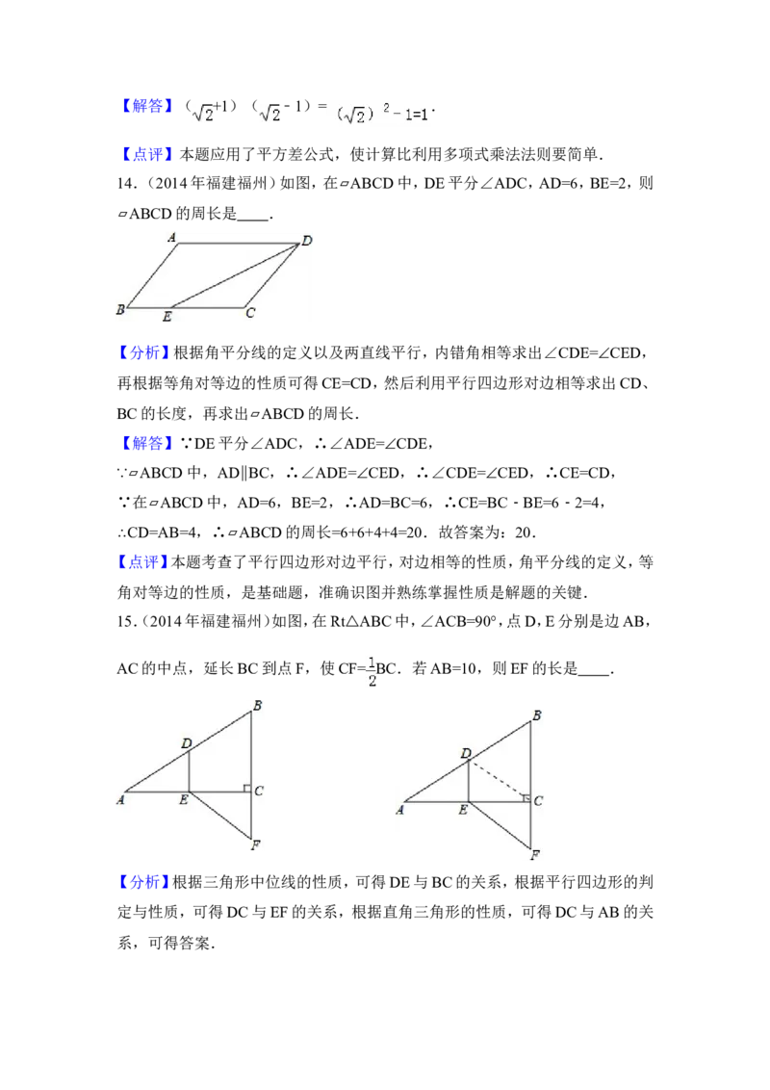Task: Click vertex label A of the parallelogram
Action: pyautogui.click(x=170, y=236)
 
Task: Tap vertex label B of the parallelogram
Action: pyautogui.click(x=120, y=309)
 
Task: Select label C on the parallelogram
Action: pyautogui.click(x=250, y=312)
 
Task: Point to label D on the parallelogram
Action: pyautogui.click(x=307, y=240)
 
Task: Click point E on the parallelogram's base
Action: pyautogui.click(x=167, y=316)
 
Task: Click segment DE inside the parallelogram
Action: pyautogui.click(x=231, y=276)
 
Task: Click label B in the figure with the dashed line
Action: pyautogui.click(x=537, y=715)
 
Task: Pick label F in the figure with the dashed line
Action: pyautogui.click(x=537, y=854)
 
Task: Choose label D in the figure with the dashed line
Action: pyautogui.click(x=466, y=752)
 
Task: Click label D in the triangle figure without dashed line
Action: pyautogui.click(x=186, y=742)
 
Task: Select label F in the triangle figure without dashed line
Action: pyautogui.click(x=255, y=846)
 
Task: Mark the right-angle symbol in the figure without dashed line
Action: pyautogui.click(x=246, y=789)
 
